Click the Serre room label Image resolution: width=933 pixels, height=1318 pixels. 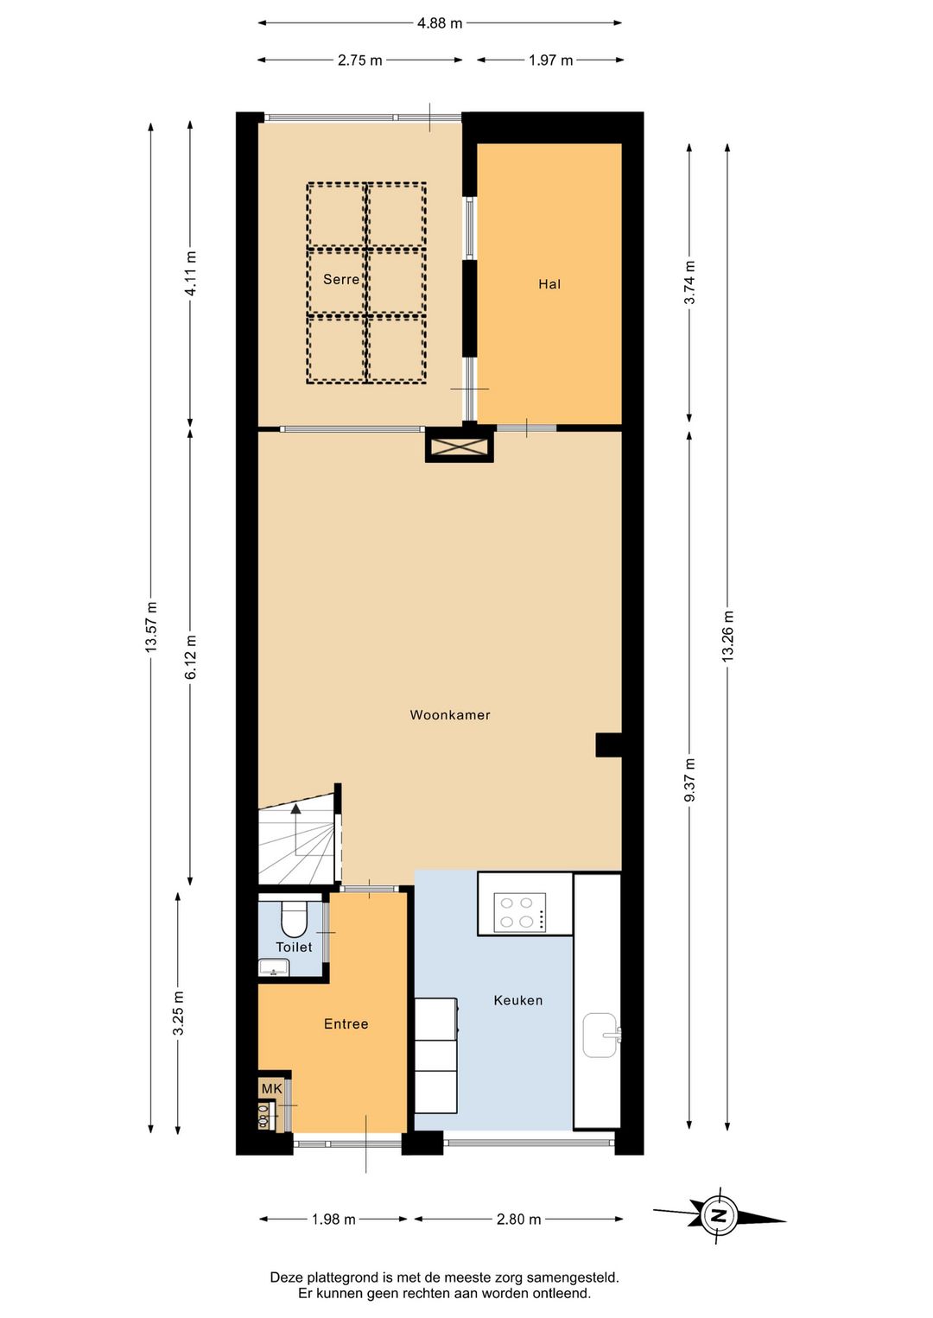(341, 279)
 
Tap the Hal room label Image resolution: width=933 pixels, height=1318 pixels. (549, 284)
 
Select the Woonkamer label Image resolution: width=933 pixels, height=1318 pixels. (450, 715)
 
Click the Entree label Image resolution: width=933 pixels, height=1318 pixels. (346, 1040)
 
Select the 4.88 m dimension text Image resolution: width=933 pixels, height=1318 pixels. (440, 23)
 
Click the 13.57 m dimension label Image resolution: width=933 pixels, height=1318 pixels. (151, 627)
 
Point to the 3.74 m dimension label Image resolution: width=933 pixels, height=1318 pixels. (690, 282)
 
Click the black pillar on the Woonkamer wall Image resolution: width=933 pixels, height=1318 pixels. (609, 745)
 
